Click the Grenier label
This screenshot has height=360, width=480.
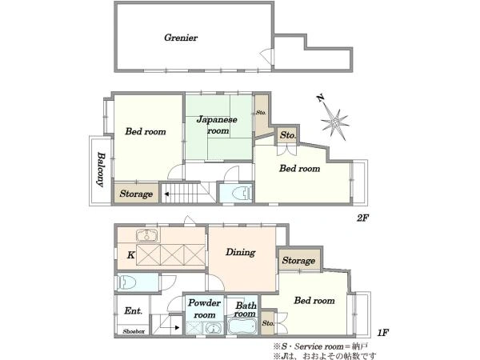pyautogui.click(x=181, y=38)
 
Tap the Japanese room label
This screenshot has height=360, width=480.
pyautogui.click(x=217, y=125)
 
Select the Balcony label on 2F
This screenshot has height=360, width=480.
pyautogui.click(x=101, y=169)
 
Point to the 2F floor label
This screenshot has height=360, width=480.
pyautogui.click(x=362, y=218)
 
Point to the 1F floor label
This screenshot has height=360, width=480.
pyautogui.click(x=383, y=333)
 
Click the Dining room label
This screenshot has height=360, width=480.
pyautogui.click(x=241, y=252)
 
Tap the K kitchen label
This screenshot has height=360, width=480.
pyautogui.click(x=130, y=254)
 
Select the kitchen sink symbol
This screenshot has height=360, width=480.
pyautogui.click(x=147, y=236)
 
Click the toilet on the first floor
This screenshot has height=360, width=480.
pyautogui.click(x=127, y=282)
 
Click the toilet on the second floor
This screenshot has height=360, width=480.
pyautogui.click(x=242, y=193)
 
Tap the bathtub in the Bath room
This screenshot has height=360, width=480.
pyautogui.click(x=242, y=326)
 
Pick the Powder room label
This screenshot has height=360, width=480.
pyautogui.click(x=204, y=309)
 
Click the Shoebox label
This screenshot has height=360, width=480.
pyautogui.click(x=134, y=331)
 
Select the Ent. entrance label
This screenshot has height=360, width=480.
pyautogui.click(x=134, y=311)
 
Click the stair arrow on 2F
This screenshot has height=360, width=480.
pyautogui.click(x=167, y=194)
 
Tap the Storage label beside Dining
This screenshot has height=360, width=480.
pyautogui.click(x=298, y=261)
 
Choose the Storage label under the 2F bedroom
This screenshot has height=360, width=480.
pyautogui.click(x=136, y=194)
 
